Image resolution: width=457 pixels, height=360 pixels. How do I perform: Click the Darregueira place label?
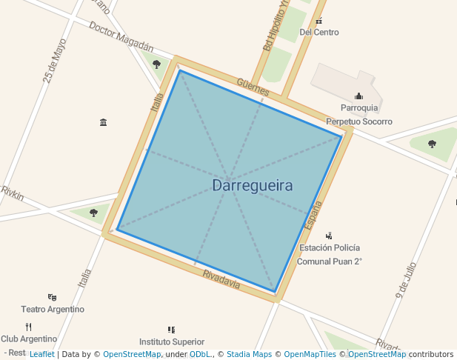coord(252,186)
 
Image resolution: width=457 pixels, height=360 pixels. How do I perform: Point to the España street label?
coord(315,214)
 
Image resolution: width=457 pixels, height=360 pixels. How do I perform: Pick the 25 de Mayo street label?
coord(55,61)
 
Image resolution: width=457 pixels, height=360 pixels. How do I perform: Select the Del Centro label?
coord(318,33)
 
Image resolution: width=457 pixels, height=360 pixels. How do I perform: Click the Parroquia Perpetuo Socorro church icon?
coord(359,96)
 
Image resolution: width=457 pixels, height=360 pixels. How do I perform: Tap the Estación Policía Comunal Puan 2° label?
coord(330,254)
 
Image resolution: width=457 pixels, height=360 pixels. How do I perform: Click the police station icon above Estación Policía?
coord(329,236)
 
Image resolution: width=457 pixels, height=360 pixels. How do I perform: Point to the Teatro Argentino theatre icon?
coord(52,297)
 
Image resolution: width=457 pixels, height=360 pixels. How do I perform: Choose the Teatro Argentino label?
coord(53,309)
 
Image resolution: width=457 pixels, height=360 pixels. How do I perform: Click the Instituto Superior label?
coord(172,341)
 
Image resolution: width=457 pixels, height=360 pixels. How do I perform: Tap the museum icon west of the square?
coord(103,122)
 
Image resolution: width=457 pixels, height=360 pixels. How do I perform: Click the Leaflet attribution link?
coord(41,354)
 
